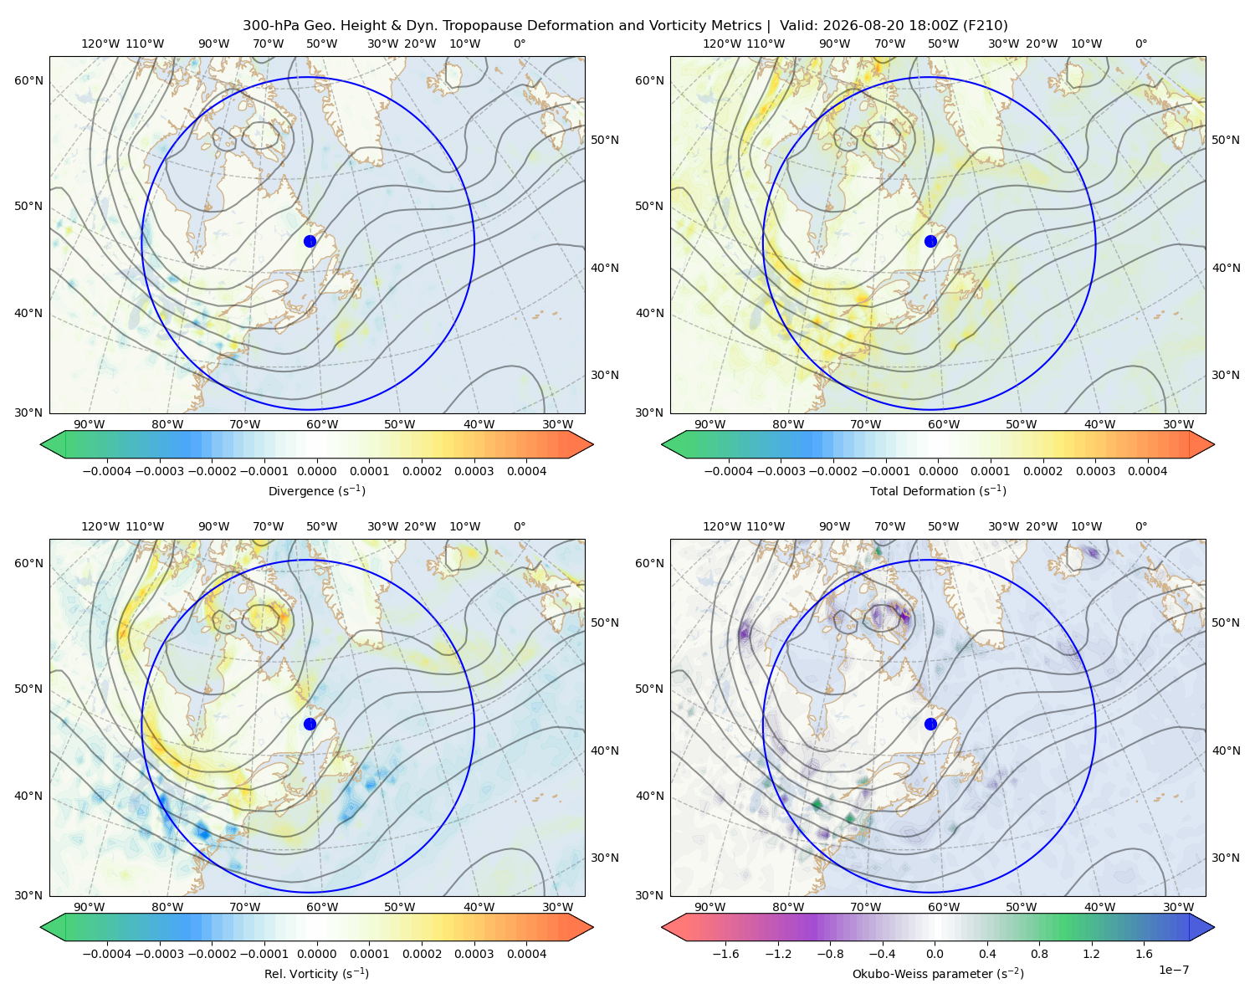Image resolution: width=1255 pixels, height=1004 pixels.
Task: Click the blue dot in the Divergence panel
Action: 310,241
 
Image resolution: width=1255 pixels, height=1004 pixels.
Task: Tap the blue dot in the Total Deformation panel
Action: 930,241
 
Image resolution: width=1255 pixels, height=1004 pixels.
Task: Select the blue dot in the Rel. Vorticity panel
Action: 310,724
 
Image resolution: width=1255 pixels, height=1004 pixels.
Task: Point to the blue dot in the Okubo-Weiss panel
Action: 930,724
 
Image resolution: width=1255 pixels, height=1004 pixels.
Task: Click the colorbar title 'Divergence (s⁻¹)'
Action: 316,490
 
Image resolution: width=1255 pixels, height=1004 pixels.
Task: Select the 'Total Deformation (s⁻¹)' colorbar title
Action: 938,490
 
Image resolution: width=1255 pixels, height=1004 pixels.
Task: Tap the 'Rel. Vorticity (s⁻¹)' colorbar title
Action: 316,973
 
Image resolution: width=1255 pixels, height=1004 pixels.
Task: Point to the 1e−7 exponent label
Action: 1173,970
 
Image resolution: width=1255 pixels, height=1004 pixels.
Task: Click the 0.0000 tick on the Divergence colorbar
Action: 316,471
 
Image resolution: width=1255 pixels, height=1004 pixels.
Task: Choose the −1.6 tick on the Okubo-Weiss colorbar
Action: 725,954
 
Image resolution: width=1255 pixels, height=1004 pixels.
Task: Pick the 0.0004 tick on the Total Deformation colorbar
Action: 1147,471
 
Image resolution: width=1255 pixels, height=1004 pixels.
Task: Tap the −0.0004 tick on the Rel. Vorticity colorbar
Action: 107,954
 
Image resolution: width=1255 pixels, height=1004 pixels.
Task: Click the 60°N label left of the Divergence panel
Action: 28,80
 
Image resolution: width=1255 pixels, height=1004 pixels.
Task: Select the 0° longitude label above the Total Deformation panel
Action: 1140,44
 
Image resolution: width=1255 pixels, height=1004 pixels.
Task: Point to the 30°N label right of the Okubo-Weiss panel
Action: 1225,858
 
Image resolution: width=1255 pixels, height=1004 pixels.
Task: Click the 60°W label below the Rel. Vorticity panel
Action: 322,907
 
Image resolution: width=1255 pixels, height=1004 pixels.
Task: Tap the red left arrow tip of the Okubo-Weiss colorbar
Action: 663,927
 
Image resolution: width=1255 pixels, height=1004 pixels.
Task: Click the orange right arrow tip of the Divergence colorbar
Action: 592,444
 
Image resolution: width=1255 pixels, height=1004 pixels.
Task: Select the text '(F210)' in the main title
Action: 985,26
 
